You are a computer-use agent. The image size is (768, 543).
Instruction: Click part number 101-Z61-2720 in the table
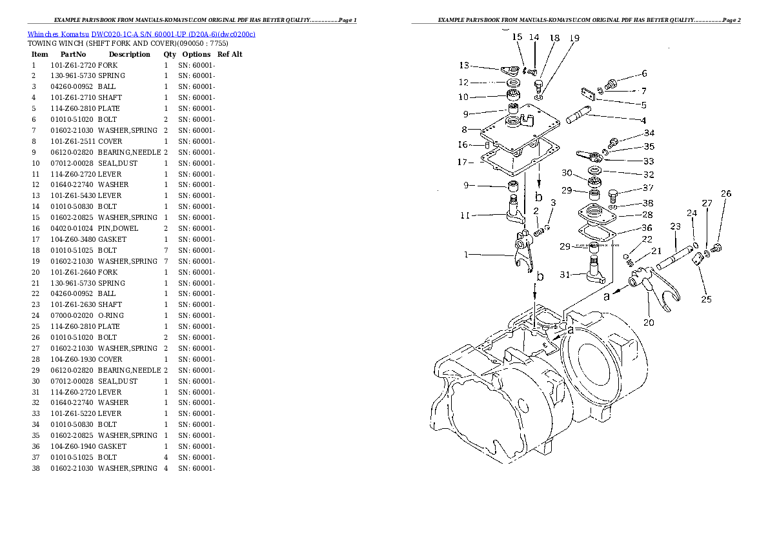(x=72, y=65)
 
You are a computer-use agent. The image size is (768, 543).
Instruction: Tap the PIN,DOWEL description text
(x=118, y=228)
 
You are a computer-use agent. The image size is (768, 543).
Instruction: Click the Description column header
(x=129, y=55)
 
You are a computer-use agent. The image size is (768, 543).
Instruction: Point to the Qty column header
(x=169, y=55)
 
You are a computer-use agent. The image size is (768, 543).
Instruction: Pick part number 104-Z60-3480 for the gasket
(x=72, y=239)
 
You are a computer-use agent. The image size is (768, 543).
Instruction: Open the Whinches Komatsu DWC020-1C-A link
(x=141, y=34)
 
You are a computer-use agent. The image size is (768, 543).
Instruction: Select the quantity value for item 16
(x=166, y=228)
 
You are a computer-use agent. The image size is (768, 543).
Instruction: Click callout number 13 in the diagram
(x=464, y=66)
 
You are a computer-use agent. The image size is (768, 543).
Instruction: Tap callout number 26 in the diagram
(x=726, y=193)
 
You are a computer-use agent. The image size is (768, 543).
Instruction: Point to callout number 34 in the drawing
(x=649, y=133)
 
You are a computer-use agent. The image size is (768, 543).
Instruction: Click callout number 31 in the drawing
(x=565, y=275)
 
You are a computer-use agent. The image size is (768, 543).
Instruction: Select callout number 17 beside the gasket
(x=461, y=162)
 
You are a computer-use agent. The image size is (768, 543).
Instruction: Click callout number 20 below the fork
(x=648, y=322)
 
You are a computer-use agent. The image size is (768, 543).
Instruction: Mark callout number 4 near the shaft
(x=643, y=121)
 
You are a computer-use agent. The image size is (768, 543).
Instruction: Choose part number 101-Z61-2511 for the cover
(x=72, y=141)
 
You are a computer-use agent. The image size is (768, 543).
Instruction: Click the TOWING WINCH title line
(x=127, y=44)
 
